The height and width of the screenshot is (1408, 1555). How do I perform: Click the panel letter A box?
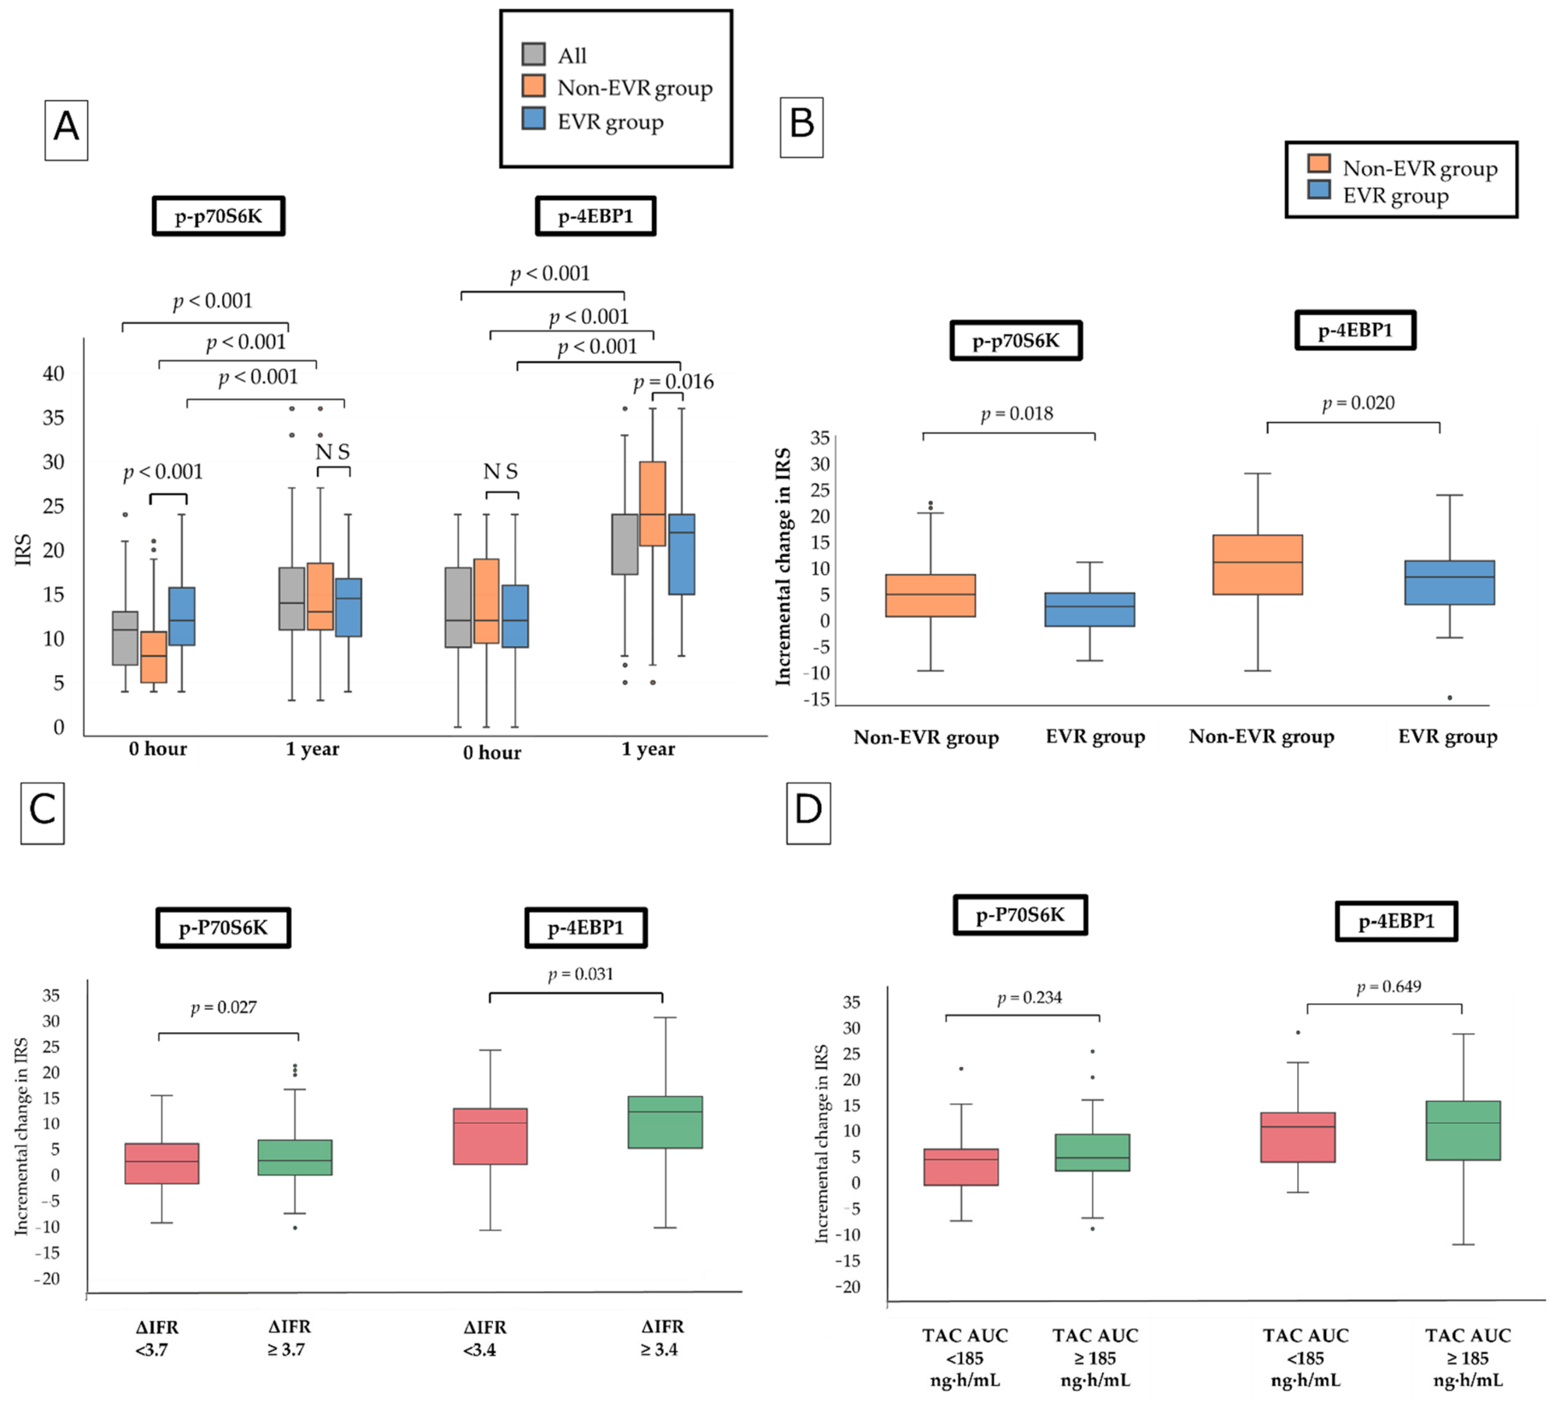click(67, 129)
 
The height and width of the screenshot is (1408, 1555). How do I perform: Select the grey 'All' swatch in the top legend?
click(533, 54)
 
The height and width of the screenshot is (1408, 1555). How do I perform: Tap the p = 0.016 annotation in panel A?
click(673, 382)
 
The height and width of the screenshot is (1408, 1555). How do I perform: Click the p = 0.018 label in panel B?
click(1017, 414)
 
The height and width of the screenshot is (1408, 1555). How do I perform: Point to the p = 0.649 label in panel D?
click(1389, 987)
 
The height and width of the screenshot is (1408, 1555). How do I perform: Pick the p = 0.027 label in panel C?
click(224, 1007)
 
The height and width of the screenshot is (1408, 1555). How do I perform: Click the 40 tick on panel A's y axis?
click(53, 373)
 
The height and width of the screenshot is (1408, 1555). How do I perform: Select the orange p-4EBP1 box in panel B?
click(1258, 565)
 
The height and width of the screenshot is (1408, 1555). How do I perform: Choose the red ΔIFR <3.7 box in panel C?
click(161, 1163)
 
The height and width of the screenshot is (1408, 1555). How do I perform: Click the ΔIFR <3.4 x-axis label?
click(484, 1338)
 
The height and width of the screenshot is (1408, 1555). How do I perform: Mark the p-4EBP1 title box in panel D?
click(1396, 921)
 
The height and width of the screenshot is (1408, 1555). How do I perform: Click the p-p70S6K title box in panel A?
click(219, 216)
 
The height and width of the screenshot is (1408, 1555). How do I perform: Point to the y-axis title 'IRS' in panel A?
click(23, 549)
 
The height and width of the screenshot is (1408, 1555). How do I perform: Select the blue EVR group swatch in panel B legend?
click(1319, 190)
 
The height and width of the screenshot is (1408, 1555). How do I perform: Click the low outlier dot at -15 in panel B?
click(1449, 698)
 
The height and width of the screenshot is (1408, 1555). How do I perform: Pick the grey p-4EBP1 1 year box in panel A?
click(625, 544)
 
